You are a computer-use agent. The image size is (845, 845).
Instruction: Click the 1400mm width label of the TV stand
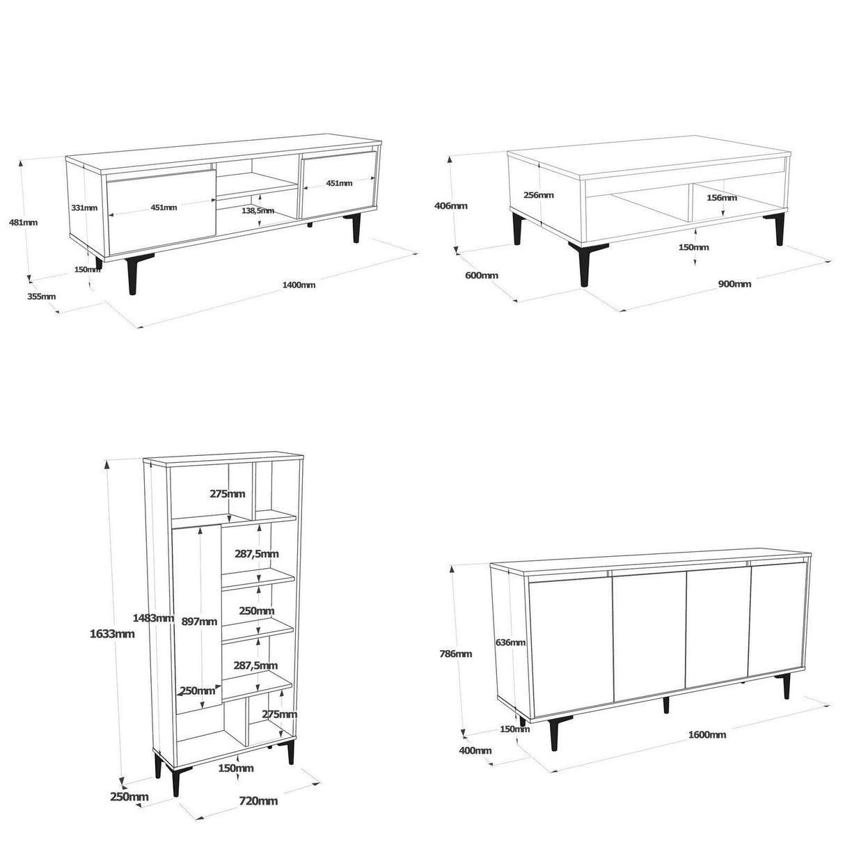pos(299,285)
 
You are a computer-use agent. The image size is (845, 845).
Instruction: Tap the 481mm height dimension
pos(23,222)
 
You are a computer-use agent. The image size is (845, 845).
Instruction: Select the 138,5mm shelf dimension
pos(258,210)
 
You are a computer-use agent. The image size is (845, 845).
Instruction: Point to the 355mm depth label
pos(42,296)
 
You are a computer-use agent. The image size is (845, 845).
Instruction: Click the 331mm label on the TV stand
pos(84,207)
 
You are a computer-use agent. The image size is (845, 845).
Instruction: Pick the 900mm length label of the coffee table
pos(734,284)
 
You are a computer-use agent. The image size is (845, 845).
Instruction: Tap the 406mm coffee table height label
pos(451,205)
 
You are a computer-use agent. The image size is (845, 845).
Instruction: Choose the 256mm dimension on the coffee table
pos(539,195)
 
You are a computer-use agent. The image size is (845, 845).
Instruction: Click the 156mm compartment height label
pos(721,197)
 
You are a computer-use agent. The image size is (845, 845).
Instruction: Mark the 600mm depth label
pos(482,275)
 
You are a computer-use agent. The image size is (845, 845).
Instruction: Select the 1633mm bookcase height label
pos(112,633)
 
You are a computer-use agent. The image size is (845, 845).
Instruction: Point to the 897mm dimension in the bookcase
pos(199,622)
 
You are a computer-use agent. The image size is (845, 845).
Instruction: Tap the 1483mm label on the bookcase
pos(153,618)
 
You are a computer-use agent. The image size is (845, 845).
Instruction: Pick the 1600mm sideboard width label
pos(707,734)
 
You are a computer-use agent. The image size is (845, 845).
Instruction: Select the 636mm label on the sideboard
pos(510,642)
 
